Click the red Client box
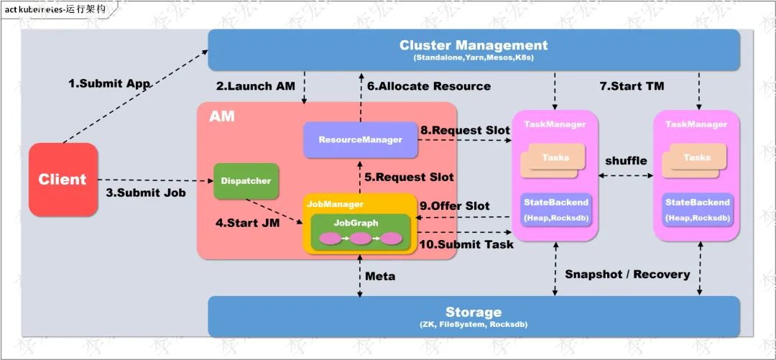pos(63,179)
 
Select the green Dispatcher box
pos(246,181)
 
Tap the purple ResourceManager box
pos(360,140)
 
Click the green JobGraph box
pos(360,232)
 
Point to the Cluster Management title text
pos(474,45)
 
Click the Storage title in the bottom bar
pos(474,313)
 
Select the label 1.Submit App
pos(108,83)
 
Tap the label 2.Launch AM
pos(255,86)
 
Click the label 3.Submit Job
pos(146,193)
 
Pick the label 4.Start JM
pos(247,223)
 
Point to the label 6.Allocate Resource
pos(428,86)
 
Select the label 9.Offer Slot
pos(455,206)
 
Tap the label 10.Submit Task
pos(466,244)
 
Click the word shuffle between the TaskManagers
pos(626,161)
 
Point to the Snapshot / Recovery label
pos(627,274)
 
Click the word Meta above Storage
pos(380,277)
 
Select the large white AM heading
pos(222,117)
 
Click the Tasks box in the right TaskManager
pos(693,160)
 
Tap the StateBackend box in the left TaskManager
pos(555,210)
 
